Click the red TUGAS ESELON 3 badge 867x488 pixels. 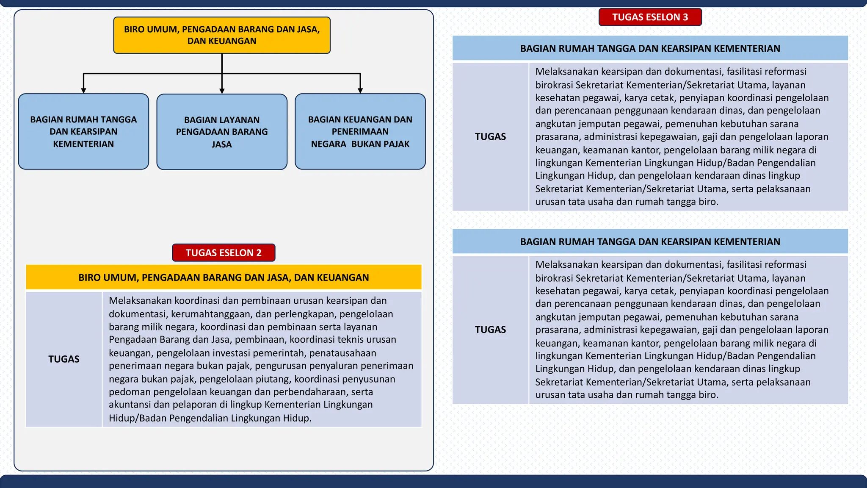(x=650, y=17)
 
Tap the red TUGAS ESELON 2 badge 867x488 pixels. (x=224, y=253)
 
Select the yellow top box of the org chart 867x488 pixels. (x=222, y=35)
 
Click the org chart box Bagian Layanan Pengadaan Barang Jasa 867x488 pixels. (x=222, y=132)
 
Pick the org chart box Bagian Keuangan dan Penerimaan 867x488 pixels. (x=360, y=131)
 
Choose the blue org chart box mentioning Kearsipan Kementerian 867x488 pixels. (x=83, y=131)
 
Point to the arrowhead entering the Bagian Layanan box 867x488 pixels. (x=222, y=91)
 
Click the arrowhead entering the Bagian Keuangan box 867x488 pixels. (x=360, y=91)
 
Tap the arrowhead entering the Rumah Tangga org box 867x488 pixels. (x=83, y=91)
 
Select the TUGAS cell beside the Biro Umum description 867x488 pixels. (x=64, y=359)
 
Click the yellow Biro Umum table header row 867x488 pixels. (x=224, y=277)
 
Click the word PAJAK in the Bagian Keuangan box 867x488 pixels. (x=398, y=144)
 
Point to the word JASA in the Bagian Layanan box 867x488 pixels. (x=222, y=144)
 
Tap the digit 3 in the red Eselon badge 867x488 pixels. (x=685, y=17)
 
